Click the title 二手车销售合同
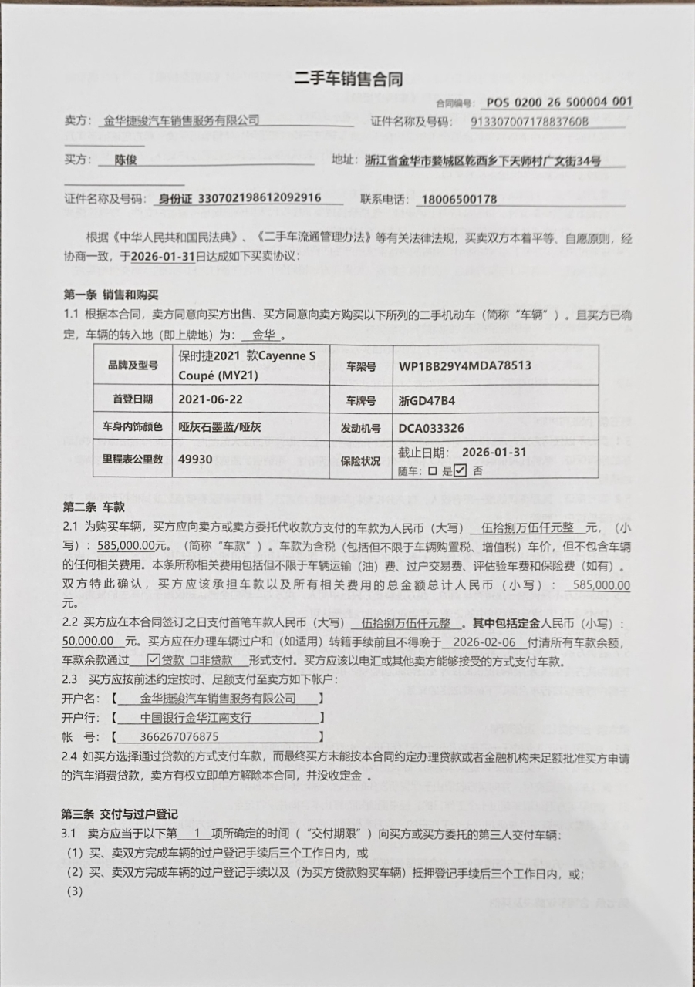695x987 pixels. (348, 78)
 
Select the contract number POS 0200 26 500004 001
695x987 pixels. (559, 102)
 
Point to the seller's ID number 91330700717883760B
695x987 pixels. (529, 121)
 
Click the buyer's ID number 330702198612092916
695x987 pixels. (260, 198)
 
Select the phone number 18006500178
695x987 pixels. (459, 200)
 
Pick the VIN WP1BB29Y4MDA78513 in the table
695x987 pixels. (465, 365)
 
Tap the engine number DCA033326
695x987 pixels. (431, 429)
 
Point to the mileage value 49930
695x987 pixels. (195, 459)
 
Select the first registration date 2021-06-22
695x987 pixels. (211, 400)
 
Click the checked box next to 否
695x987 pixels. (461, 470)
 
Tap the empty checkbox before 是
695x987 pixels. (433, 471)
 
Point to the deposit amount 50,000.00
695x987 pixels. (89, 642)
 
